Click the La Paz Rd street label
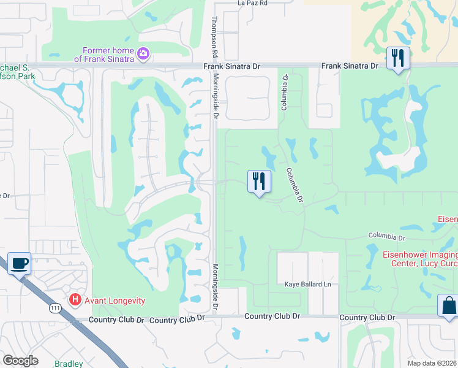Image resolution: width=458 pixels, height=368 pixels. point(253,3)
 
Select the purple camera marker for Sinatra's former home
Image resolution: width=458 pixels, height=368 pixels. point(143,54)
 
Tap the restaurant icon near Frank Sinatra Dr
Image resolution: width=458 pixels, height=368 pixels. point(398,59)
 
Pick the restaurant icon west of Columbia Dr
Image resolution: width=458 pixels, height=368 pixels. point(258,182)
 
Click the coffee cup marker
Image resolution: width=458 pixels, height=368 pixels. point(19,264)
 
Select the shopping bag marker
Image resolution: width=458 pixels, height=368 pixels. point(449,306)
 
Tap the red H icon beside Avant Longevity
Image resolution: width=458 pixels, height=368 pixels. point(75,300)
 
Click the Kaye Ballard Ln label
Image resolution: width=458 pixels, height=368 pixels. point(307,285)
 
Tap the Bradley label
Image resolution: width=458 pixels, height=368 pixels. point(69,364)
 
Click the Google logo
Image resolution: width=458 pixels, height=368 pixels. point(20,360)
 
